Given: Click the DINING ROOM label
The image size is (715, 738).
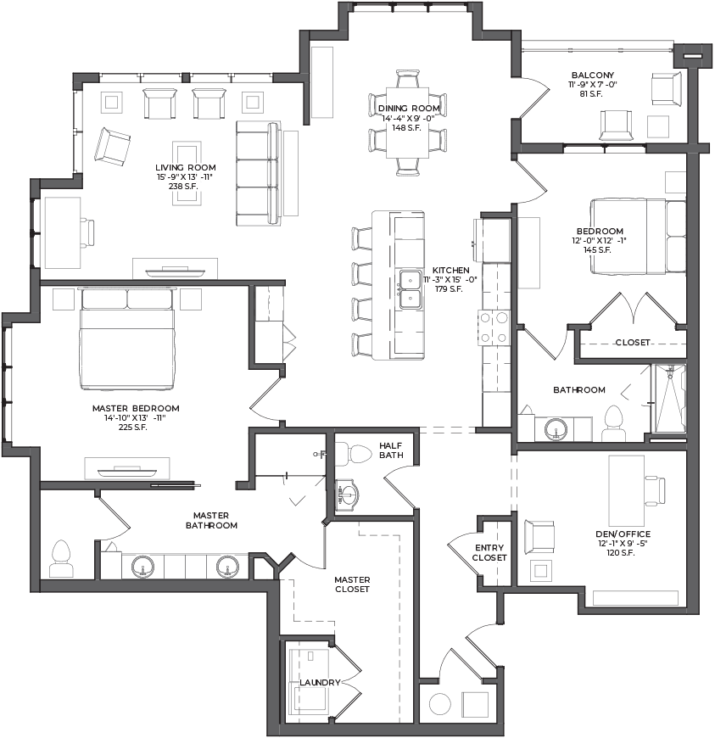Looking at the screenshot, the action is tap(409, 109).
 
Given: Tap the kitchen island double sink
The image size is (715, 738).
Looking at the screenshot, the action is tap(410, 289).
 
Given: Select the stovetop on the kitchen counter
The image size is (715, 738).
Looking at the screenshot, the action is tap(494, 327).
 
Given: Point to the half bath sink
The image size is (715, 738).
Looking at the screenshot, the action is tap(348, 495).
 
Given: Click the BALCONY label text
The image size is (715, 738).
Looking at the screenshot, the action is tap(593, 75).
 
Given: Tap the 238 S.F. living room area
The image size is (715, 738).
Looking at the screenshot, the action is tap(183, 187).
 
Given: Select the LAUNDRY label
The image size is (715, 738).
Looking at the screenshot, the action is tap(320, 683).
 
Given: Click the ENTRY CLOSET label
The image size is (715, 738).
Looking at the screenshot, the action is tap(489, 552).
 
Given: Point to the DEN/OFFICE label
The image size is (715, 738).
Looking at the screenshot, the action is tap(623, 534).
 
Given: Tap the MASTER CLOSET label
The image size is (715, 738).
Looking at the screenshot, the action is tap(352, 584).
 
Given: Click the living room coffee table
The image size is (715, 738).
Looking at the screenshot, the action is tap(187, 174).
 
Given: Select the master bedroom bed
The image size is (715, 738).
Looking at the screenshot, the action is tap(127, 338).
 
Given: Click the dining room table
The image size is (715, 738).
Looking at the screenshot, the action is tap(408, 123).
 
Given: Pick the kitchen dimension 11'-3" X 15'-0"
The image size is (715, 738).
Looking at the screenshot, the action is tap(450, 280).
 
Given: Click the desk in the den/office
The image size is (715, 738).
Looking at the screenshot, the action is tap(627, 491).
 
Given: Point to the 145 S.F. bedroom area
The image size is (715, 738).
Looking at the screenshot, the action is tap(597, 250).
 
